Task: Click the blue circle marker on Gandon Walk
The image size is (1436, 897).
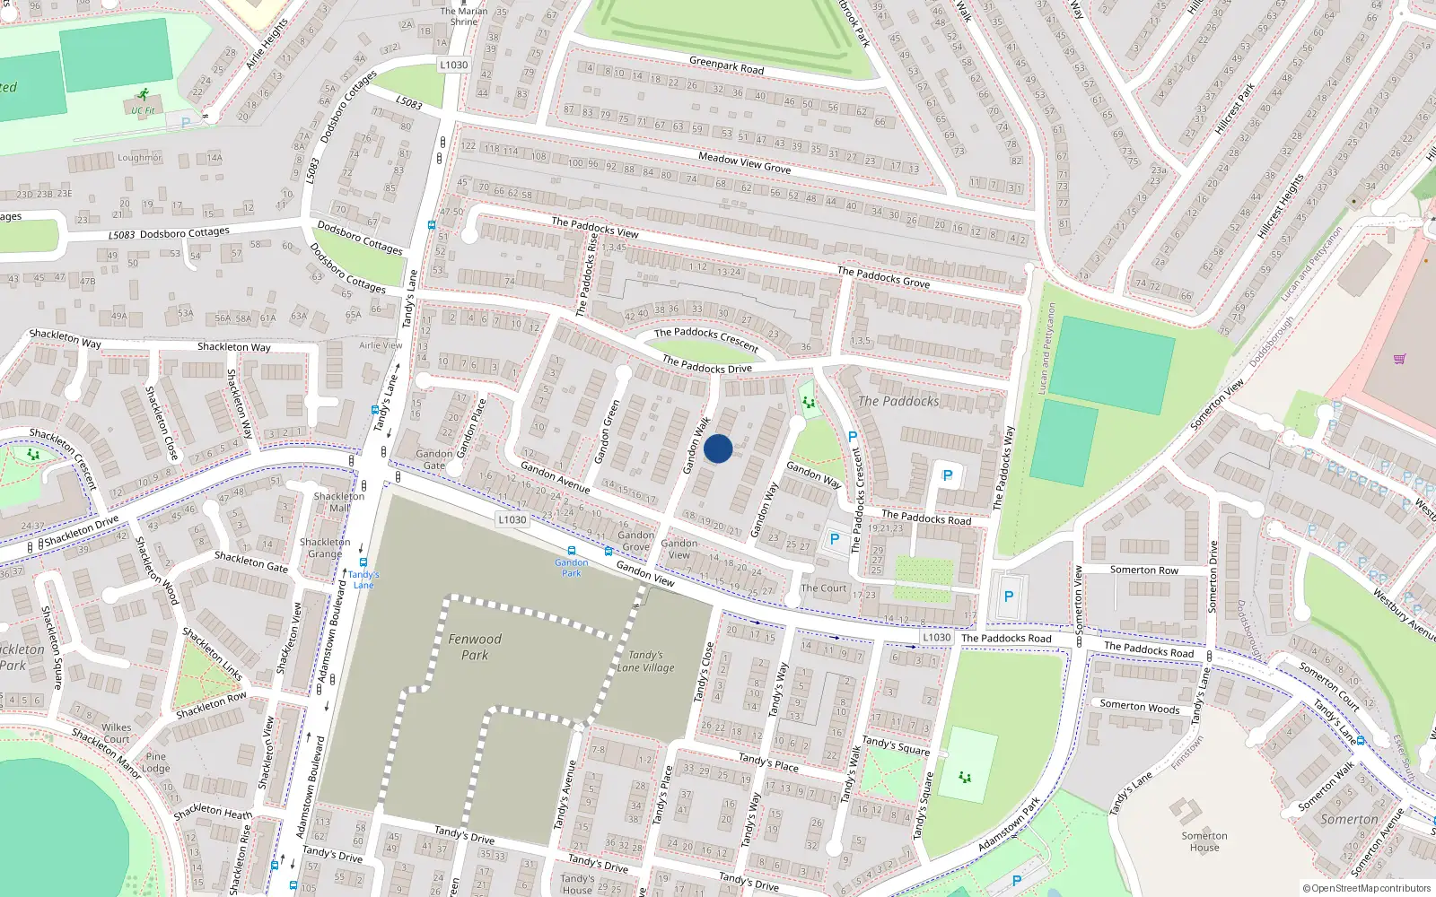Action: pos(717,448)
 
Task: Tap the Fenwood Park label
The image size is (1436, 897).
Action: pos(475,647)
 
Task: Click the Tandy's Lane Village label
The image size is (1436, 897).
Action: pos(645,661)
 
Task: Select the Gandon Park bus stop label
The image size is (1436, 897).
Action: pos(571,567)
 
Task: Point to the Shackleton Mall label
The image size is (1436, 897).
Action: pos(339,501)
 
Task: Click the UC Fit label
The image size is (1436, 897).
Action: pos(143,111)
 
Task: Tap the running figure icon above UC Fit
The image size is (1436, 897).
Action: pos(143,94)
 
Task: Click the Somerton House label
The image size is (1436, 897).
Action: pos(1204,841)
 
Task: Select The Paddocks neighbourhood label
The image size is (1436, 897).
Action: pos(898,401)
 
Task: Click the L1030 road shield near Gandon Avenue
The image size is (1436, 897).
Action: pos(512,519)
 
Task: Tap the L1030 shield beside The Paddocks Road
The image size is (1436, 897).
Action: pos(936,637)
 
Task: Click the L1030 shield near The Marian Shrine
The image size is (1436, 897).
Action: pos(454,65)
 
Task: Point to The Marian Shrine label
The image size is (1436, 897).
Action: pos(464,16)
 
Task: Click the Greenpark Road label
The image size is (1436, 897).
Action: pos(726,65)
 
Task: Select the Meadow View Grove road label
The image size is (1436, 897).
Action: pos(744,162)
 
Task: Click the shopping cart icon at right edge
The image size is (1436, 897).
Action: pos(1399,359)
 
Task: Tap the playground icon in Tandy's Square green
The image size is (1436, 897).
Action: pos(965,777)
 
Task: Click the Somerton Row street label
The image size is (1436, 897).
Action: pos(1143,570)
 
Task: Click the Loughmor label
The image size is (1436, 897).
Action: pos(139,158)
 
